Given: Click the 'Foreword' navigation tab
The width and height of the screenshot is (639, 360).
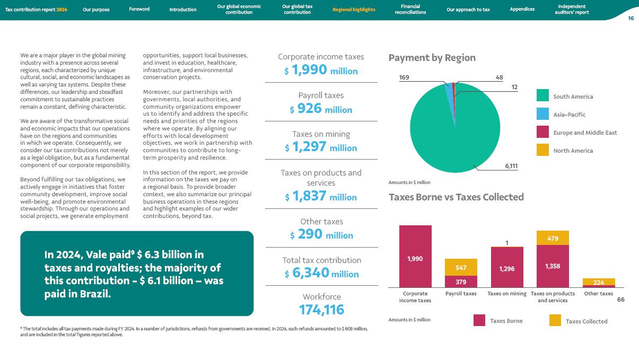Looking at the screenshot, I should (x=139, y=9).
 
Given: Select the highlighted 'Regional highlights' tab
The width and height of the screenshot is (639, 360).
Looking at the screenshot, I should (x=354, y=10).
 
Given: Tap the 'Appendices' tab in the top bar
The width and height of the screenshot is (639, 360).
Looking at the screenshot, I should (x=522, y=9).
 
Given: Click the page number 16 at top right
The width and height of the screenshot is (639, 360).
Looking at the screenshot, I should (x=631, y=18).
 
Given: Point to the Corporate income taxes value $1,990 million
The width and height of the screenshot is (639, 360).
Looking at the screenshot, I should (x=321, y=71).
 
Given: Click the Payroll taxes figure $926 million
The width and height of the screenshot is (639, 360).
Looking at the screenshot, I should (x=321, y=109).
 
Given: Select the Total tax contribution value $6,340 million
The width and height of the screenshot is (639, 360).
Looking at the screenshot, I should (x=321, y=274).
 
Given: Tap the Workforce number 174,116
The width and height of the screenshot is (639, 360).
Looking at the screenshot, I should (x=321, y=310).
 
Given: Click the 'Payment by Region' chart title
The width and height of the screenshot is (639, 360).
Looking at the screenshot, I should (x=432, y=58).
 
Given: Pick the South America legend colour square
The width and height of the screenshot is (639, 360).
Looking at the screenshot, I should (x=542, y=96).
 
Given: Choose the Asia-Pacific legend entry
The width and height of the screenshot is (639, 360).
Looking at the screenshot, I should (x=569, y=115).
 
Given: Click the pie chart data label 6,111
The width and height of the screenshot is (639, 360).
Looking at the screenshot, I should (x=511, y=166).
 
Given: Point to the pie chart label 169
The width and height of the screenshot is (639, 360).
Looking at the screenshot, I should (x=404, y=77).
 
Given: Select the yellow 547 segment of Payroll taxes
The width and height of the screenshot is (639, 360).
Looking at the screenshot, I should (x=461, y=267).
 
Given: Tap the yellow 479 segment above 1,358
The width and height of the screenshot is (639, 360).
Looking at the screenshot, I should (x=553, y=238).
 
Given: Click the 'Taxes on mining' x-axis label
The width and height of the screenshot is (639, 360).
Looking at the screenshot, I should (x=507, y=294).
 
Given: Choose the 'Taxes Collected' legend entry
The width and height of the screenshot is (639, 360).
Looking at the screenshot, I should (x=586, y=321).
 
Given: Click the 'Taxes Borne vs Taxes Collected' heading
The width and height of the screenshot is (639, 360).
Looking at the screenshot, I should (x=456, y=197).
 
